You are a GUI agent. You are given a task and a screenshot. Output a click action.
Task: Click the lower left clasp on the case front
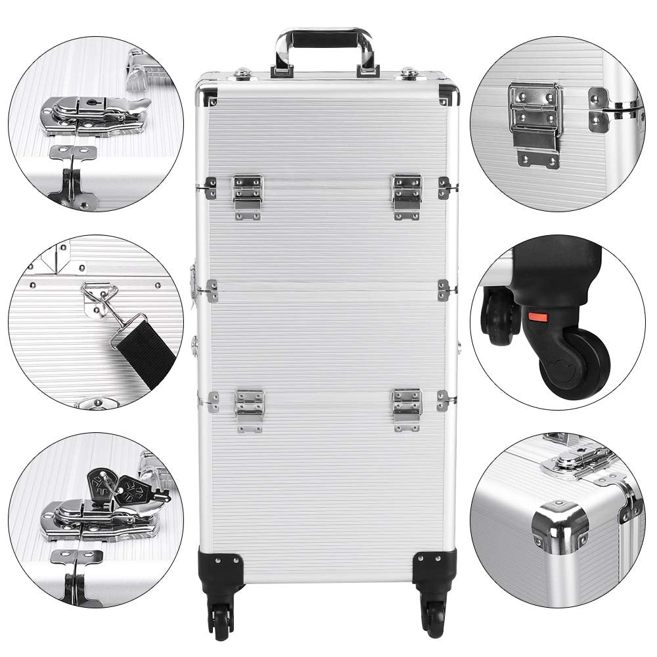(x=250, y=409)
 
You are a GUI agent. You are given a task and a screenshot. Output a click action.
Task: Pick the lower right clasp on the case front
(x=407, y=409)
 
